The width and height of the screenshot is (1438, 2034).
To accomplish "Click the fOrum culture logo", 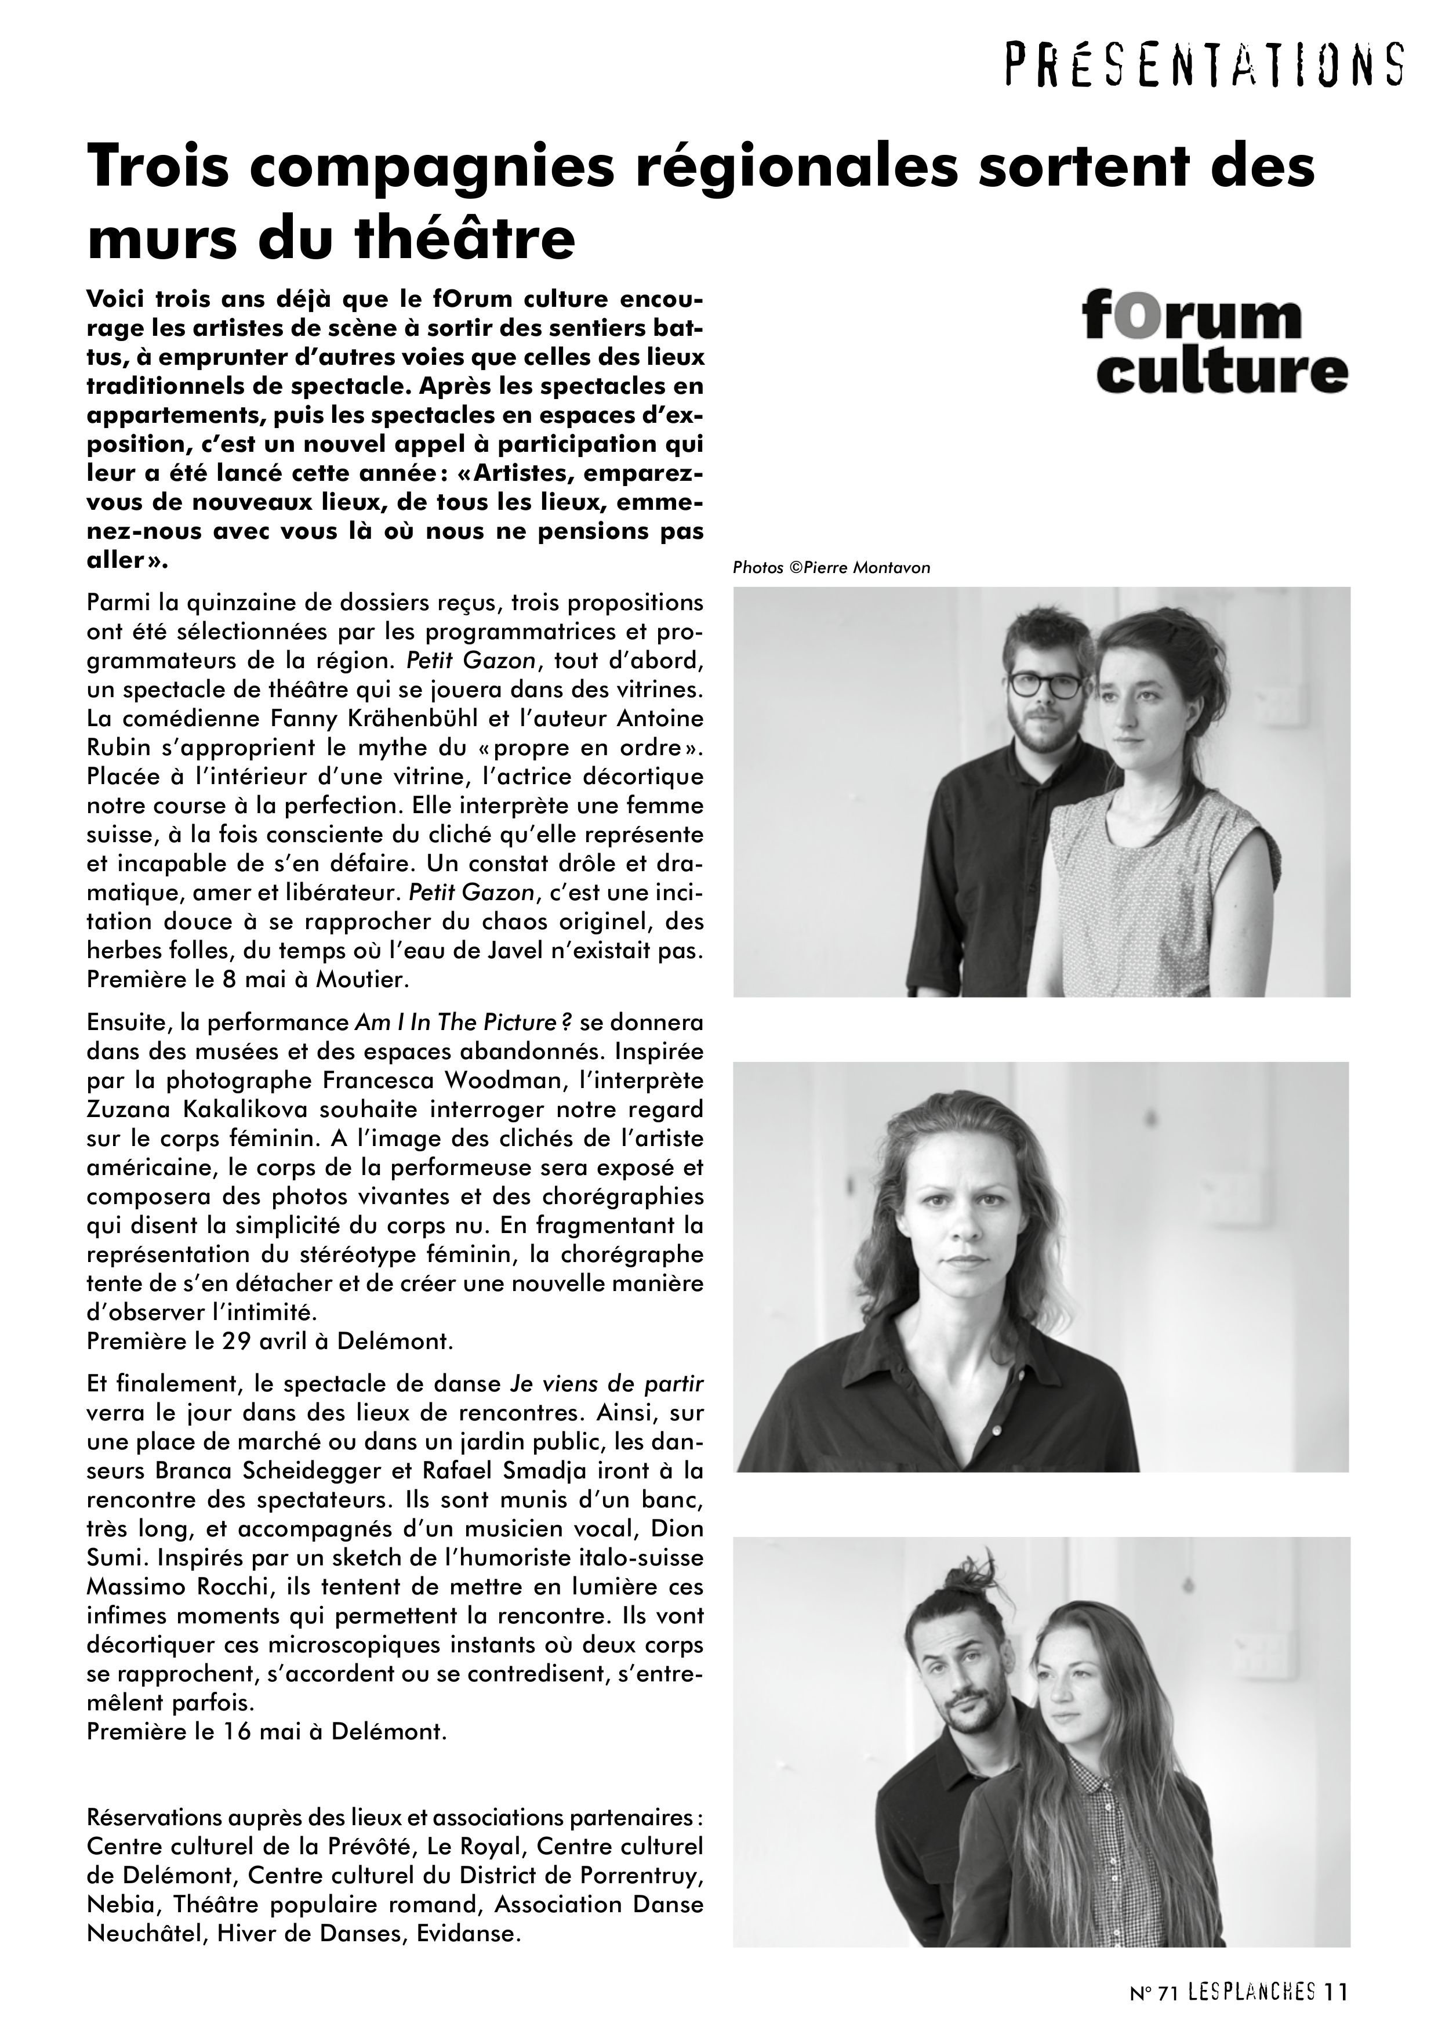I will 1214,346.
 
